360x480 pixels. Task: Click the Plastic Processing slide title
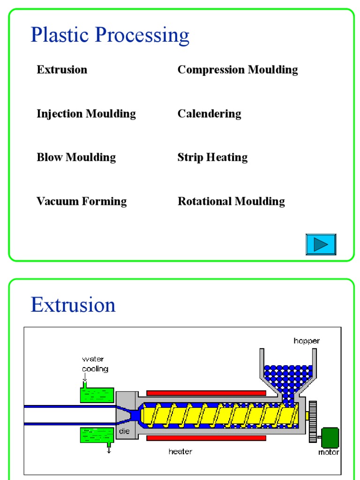click(110, 36)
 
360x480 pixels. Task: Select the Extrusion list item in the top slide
click(62, 70)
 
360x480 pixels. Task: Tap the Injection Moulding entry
click(86, 114)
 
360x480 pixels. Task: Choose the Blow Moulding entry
click(76, 157)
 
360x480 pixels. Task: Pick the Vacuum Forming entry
click(82, 202)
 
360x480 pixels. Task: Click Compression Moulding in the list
click(237, 70)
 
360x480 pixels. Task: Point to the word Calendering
click(209, 114)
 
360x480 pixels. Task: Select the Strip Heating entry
click(212, 157)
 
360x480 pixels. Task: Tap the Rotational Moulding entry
click(231, 202)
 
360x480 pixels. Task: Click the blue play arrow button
click(321, 244)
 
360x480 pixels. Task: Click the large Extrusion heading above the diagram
click(73, 305)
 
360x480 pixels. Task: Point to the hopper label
click(307, 341)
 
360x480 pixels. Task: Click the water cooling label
click(95, 364)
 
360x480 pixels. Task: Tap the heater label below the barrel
click(180, 451)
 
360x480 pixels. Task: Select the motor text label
click(329, 452)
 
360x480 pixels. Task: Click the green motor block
click(330, 437)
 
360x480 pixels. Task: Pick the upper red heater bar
click(206, 393)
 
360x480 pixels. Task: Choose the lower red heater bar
click(206, 438)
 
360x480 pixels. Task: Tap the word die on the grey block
click(124, 431)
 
